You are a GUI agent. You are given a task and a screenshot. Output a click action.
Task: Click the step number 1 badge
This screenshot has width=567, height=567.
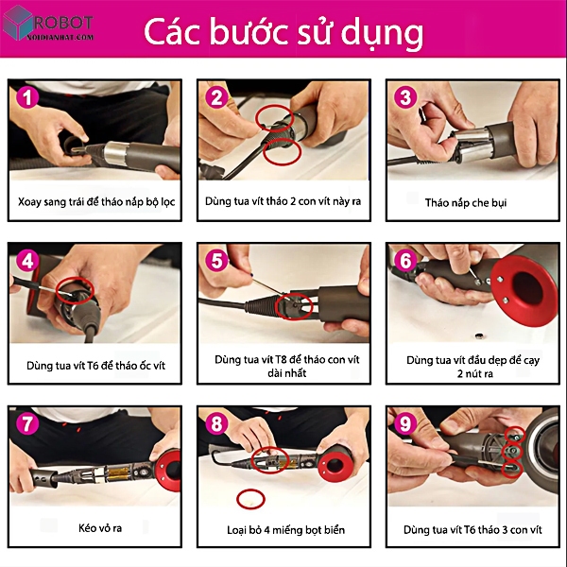click(27, 97)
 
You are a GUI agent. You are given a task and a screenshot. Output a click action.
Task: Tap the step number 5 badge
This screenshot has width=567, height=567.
click(216, 261)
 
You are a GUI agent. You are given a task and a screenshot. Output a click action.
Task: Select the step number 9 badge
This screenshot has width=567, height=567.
click(405, 423)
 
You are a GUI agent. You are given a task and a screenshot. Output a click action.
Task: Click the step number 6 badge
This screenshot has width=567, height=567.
click(405, 261)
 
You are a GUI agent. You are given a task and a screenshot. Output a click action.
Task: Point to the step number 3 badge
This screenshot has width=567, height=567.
click(405, 97)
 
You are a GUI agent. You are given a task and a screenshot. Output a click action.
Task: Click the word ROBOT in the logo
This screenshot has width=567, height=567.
click(63, 23)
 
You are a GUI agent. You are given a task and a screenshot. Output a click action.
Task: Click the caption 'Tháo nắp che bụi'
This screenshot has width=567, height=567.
click(465, 202)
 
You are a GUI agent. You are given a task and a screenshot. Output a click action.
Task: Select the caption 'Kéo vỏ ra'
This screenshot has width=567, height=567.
click(100, 528)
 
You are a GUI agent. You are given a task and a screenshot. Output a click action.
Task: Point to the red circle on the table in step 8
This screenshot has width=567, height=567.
click(250, 499)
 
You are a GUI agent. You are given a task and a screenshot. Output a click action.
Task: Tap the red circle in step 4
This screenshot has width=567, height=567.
click(75, 279)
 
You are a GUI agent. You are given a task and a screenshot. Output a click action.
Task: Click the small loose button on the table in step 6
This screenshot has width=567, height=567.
click(480, 336)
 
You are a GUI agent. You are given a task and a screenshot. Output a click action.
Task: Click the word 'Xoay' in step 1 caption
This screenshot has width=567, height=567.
click(29, 201)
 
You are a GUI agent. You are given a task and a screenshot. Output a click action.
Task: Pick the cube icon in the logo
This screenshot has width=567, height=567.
click(17, 23)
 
